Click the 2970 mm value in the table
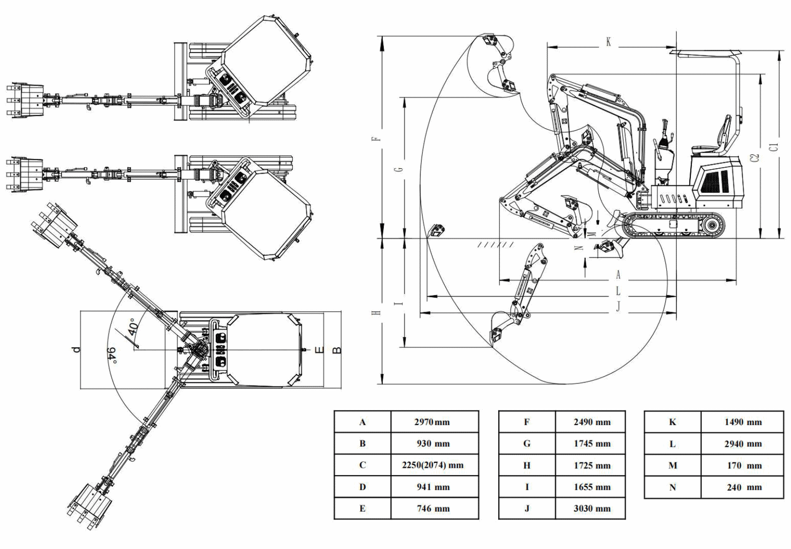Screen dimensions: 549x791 coord(432,422)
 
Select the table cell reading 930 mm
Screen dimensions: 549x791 coord(432,443)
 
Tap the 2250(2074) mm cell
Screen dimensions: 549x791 coord(432,465)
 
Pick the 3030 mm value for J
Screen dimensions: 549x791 coord(592,508)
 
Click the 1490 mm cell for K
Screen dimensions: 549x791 coord(742,422)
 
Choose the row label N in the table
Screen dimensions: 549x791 coord(672,487)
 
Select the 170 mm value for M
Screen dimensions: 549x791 coord(742,465)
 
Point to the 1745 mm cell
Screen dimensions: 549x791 coord(592,443)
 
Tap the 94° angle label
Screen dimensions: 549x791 coord(113,354)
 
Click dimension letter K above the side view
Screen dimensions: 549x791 coord(608,42)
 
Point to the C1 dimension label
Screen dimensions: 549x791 coord(773,146)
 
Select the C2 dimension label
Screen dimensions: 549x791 coord(755,157)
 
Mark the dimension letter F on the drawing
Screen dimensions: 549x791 coord(376,138)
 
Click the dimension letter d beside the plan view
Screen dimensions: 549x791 coord(77,349)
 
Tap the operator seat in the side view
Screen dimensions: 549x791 coord(712,144)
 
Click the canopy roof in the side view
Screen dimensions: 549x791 coord(703,53)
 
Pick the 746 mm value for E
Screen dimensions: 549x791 coord(432,508)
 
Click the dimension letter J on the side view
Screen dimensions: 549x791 coord(618,306)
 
